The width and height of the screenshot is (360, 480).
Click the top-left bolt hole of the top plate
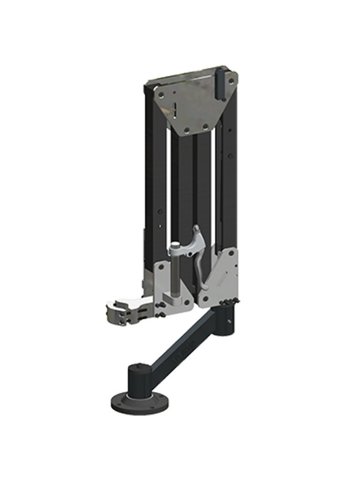tap(161, 94)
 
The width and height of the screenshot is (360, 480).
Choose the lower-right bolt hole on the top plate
tap(205, 126)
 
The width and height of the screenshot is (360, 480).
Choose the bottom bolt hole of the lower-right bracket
tap(205, 298)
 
